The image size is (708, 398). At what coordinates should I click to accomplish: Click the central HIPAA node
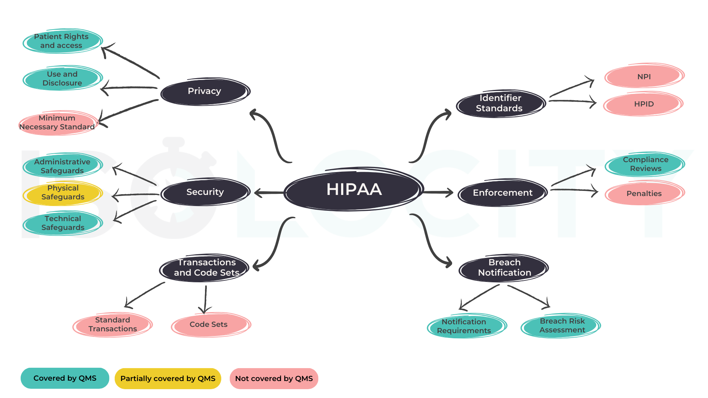[x=354, y=189]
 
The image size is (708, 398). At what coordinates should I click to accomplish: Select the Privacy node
[x=205, y=91]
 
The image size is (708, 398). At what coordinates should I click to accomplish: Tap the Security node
[x=205, y=192]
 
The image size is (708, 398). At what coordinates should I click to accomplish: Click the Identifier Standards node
[x=500, y=103]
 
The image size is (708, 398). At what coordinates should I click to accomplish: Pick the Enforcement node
[x=502, y=193]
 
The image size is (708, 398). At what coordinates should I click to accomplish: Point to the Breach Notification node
[x=504, y=268]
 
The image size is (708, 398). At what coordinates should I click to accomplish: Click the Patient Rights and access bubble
[x=62, y=41]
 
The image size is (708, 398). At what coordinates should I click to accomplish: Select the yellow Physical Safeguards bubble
[x=63, y=193]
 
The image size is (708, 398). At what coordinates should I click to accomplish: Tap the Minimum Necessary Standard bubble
[x=58, y=123]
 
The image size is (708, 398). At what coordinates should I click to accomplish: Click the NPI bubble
[x=644, y=77]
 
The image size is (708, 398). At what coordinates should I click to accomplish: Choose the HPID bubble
[x=643, y=104]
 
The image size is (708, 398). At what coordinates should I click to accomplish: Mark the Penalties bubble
[x=644, y=193]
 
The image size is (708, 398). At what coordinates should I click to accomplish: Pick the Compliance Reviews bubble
[x=645, y=164]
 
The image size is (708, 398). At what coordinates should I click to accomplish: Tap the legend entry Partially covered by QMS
[x=168, y=378]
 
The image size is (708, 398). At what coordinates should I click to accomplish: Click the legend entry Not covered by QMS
[x=274, y=378]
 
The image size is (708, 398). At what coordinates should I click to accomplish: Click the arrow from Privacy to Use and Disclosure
[x=129, y=88]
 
